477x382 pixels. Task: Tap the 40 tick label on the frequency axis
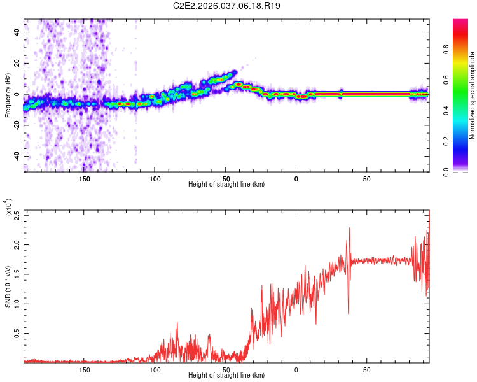click(17, 32)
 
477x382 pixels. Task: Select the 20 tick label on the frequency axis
click(17, 63)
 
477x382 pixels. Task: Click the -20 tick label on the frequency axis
click(17, 125)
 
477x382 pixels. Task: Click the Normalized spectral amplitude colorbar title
click(472, 96)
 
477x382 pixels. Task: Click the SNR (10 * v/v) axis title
click(8, 286)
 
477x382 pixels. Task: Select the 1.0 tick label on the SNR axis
click(17, 303)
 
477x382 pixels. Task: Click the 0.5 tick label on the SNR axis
click(17, 333)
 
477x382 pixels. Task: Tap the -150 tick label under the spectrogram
click(83, 180)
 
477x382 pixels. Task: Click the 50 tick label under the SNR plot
click(367, 370)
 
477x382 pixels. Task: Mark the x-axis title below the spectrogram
click(227, 185)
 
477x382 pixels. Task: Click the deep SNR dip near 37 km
click(348, 312)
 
